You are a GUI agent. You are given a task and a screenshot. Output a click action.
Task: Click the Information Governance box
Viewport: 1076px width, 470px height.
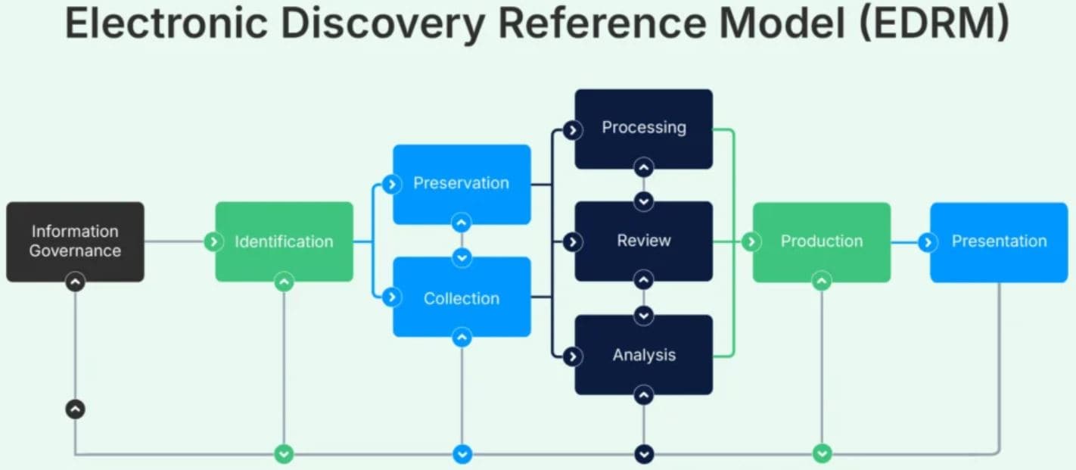click(x=75, y=241)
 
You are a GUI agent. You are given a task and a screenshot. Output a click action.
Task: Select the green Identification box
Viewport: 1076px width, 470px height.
click(x=284, y=241)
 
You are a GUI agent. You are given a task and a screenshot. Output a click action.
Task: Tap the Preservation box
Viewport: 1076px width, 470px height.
click(x=462, y=184)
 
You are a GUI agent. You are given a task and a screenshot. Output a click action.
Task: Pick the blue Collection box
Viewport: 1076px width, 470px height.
click(x=462, y=297)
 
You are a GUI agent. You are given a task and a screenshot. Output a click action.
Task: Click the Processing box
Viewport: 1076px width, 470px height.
click(x=643, y=128)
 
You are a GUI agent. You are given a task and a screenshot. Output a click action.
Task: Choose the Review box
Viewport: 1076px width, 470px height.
click(x=643, y=241)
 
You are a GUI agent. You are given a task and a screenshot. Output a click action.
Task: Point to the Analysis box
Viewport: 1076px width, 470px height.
click(x=643, y=354)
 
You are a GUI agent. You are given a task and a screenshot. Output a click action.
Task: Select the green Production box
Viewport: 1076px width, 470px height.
click(x=821, y=241)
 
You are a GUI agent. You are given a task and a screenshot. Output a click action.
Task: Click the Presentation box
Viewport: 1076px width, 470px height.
click(x=999, y=241)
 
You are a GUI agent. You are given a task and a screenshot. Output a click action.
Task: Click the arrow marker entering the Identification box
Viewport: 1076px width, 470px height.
click(x=214, y=242)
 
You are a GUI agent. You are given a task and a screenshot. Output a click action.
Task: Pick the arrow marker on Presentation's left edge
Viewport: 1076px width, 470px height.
click(x=928, y=242)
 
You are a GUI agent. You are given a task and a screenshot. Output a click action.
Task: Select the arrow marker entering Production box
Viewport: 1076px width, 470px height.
click(x=751, y=242)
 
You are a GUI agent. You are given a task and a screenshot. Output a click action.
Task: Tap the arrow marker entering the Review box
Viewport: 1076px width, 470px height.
click(x=574, y=242)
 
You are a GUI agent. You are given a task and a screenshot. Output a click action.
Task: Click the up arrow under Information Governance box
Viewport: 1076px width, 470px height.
click(x=75, y=282)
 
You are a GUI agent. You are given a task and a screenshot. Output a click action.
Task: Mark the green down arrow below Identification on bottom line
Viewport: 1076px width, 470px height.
click(x=284, y=454)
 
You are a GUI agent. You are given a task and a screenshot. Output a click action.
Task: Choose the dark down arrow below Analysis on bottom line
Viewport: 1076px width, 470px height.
click(x=644, y=454)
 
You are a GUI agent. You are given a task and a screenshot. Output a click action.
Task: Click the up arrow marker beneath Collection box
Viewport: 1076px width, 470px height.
click(x=462, y=338)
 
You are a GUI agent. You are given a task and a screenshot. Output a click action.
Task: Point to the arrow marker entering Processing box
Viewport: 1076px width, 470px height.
click(x=574, y=130)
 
